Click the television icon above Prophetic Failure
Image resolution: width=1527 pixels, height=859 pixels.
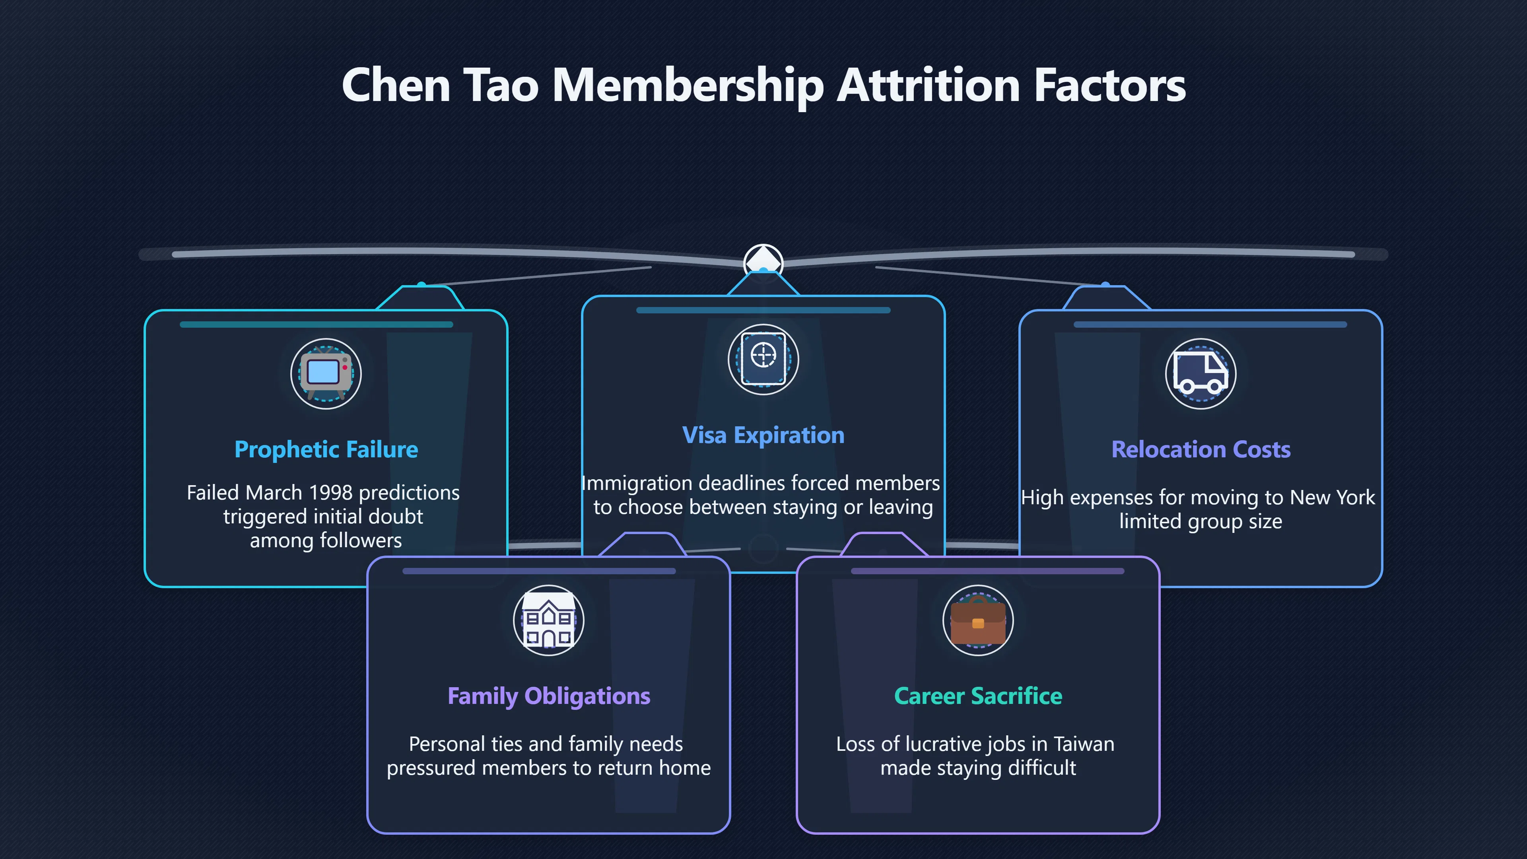[325, 373]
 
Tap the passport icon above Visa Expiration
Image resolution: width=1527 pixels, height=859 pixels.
[763, 359]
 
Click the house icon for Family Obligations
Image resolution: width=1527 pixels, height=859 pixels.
[548, 620]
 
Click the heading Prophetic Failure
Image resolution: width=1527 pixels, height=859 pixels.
[326, 450]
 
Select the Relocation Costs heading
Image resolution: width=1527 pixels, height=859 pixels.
[1201, 450]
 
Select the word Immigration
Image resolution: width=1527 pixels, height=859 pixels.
[637, 484]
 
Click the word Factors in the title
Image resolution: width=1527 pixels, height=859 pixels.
[1110, 86]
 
